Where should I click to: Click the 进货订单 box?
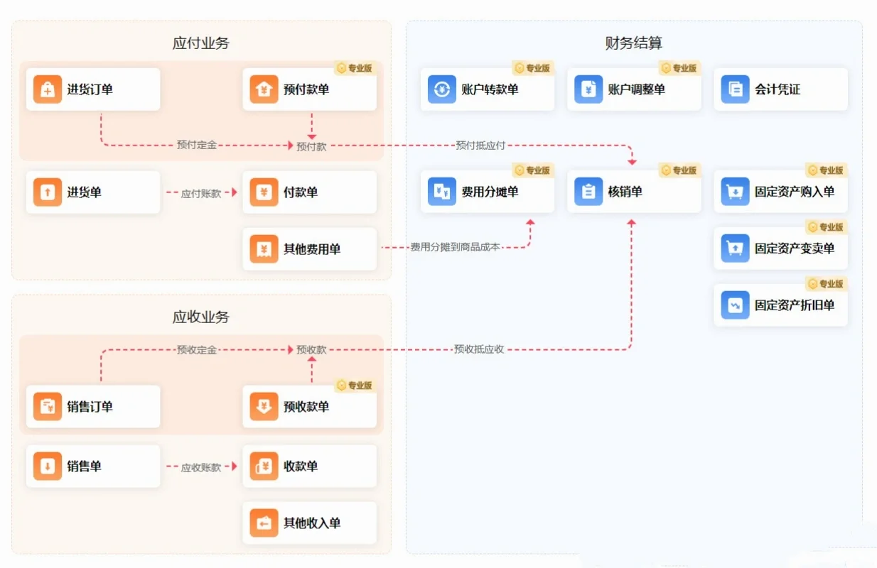93,89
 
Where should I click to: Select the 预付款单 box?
309,89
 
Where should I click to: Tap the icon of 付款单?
264,192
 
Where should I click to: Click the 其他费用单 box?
309,249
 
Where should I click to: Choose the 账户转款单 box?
487,89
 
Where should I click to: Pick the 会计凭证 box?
780,89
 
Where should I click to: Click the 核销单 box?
634,192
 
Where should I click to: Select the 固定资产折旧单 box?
780,305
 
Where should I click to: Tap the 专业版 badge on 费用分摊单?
532,170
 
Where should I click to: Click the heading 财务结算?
634,43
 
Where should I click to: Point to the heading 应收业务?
201,317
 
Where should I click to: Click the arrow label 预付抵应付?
480,146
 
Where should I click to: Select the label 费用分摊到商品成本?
455,247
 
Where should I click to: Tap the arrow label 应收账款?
201,467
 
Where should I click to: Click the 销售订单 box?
93,407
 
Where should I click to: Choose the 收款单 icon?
264,466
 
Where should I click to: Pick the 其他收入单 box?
309,523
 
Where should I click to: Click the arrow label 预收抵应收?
479,349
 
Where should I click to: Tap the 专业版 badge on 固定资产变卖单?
825,227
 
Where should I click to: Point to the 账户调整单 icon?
588,89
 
